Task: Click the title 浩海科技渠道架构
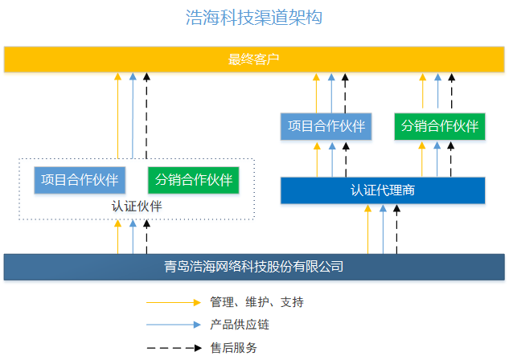click(254, 18)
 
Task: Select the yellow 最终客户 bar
click(254, 59)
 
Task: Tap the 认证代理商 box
click(383, 190)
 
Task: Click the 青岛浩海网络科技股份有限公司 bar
click(254, 266)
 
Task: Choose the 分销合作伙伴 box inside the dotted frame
click(194, 180)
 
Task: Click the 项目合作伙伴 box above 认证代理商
click(326, 127)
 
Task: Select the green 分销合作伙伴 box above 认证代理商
click(440, 127)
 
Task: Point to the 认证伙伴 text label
click(137, 207)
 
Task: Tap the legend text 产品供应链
click(240, 325)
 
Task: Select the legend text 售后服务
click(234, 347)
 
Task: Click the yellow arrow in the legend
click(173, 302)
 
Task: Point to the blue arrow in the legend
click(173, 325)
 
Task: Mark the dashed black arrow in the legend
click(173, 347)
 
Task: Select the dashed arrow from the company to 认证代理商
click(396, 228)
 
